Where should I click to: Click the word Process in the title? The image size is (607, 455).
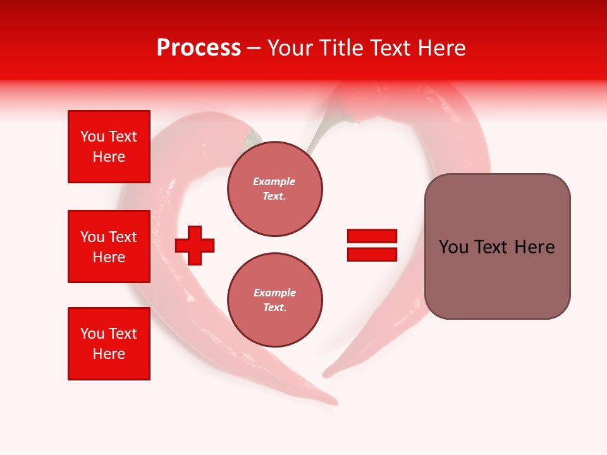click(199, 48)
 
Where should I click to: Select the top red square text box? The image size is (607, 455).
click(109, 146)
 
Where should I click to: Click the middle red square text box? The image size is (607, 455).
click(109, 246)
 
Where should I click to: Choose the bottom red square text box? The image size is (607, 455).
click(109, 344)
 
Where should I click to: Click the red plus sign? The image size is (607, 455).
click(195, 245)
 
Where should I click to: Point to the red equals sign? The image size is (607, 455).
click(372, 245)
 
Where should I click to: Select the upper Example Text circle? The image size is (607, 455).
click(275, 189)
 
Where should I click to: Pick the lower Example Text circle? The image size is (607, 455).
click(275, 300)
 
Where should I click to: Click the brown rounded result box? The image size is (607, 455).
click(498, 246)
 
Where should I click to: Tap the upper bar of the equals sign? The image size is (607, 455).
click(372, 236)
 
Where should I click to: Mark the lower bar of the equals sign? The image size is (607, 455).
click(372, 254)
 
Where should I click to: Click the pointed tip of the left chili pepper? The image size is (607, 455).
click(336, 403)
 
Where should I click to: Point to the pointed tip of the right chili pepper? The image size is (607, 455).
click(325, 375)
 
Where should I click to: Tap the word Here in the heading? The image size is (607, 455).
click(441, 48)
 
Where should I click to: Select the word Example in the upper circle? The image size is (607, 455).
click(274, 181)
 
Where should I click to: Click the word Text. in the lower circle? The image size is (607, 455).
click(275, 307)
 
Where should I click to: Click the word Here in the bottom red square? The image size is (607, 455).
click(109, 354)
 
